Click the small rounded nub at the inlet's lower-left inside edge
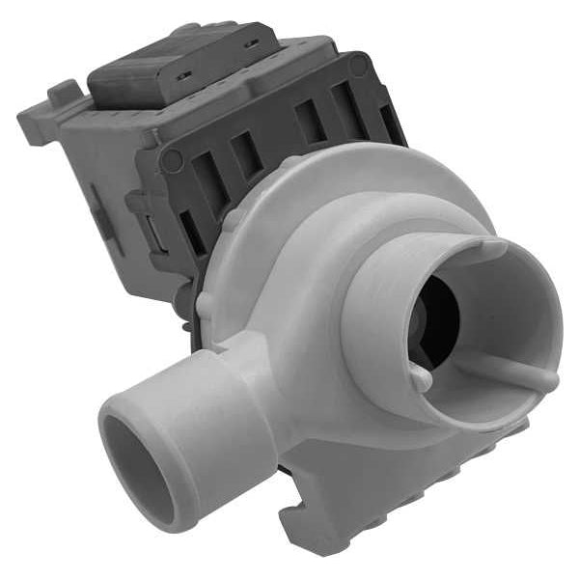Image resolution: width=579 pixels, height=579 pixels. [423, 379]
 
